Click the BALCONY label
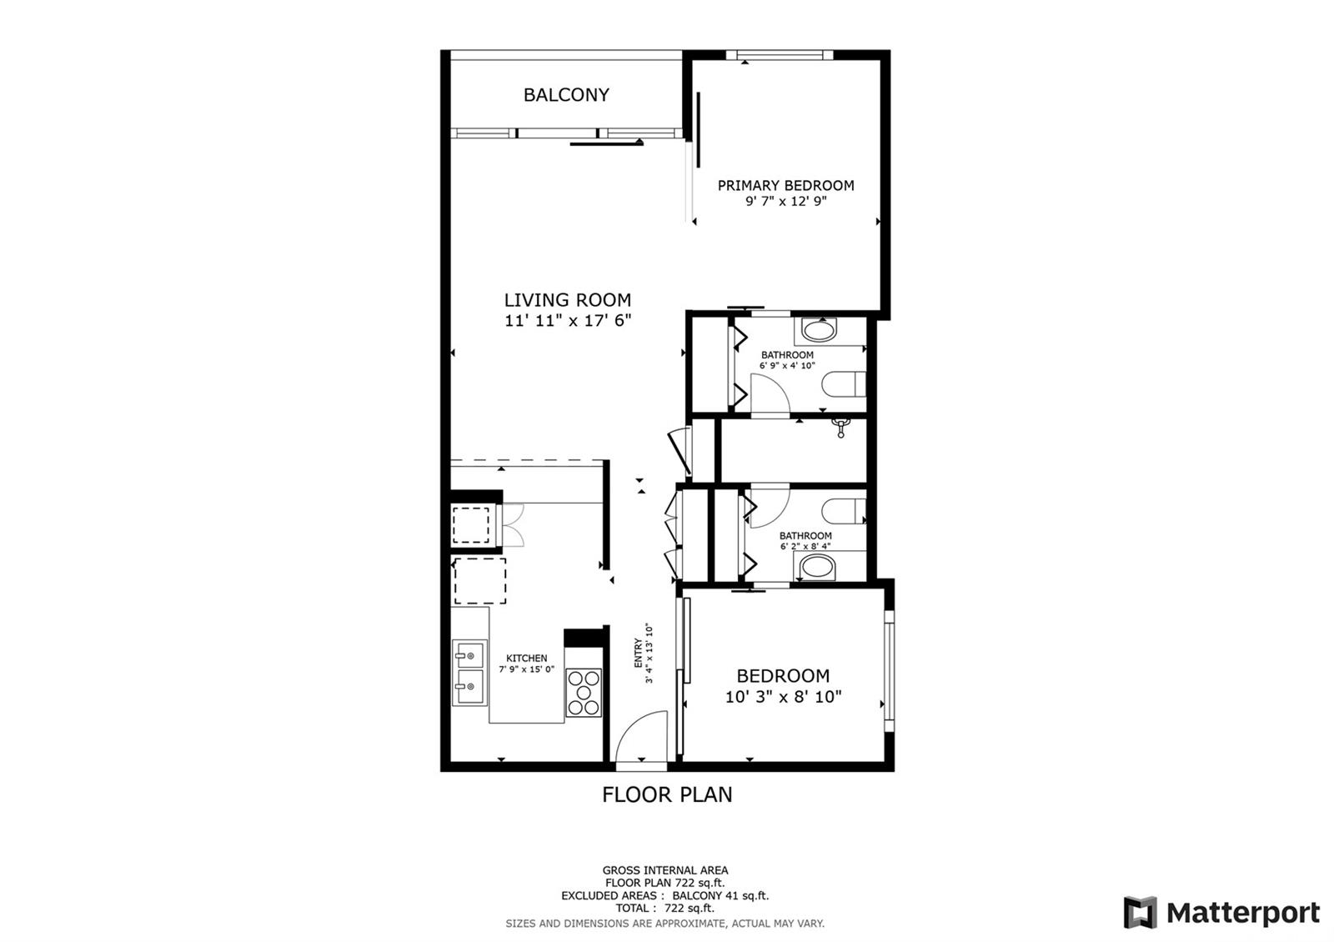coord(566,95)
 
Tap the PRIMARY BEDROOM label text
coord(785,186)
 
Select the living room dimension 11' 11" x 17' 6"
coord(568,321)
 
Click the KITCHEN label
coord(526,658)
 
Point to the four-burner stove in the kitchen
coord(583,693)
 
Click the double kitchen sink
coord(470,672)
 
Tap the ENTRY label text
coord(639,653)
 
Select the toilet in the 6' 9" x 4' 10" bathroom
coord(844,384)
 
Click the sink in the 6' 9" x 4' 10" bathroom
coord(820,330)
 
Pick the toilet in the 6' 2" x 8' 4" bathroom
coord(844,511)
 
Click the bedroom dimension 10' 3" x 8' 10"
coord(783,697)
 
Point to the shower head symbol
coord(841,427)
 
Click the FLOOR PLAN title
coord(667,794)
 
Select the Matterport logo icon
coord(1140,912)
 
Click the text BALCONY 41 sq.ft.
coord(720,895)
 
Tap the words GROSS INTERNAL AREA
coord(665,870)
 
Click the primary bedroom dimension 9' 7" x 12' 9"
coord(786,201)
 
